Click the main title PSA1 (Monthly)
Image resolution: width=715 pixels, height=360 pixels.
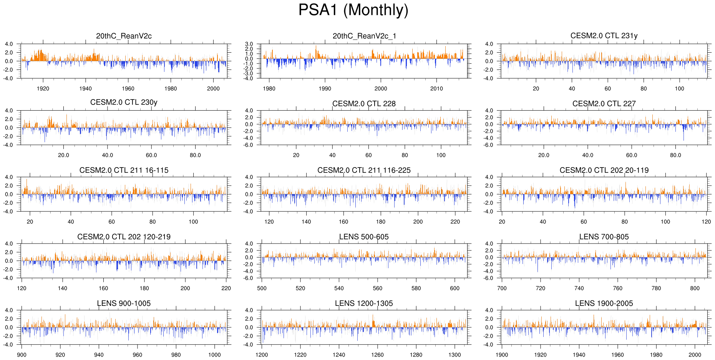353,10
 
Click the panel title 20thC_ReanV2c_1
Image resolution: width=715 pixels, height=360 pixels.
364,36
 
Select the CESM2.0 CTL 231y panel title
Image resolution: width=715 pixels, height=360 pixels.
604,36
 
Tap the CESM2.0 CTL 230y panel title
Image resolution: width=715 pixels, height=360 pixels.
124,102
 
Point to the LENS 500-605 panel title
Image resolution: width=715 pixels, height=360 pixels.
364,237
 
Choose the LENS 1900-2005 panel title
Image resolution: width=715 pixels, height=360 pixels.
604,303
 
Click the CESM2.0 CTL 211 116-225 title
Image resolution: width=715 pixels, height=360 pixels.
364,170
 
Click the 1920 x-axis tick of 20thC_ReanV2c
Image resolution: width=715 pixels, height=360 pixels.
43,88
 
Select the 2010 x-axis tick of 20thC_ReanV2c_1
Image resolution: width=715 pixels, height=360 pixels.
436,88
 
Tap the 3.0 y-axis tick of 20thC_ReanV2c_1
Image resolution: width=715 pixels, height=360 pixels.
249,44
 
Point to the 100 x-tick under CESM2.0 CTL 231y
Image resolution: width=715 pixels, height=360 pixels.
679,88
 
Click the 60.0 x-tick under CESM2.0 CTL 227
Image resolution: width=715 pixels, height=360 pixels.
632,155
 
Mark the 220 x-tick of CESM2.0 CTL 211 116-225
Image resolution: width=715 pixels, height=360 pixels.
455,222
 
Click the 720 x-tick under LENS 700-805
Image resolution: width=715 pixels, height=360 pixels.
541,288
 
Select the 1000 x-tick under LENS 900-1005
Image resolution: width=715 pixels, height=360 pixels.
214,355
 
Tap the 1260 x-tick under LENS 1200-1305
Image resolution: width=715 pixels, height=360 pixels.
377,355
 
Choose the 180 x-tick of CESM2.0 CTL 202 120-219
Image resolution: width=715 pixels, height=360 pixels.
144,288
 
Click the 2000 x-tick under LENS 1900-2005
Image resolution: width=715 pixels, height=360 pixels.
695,355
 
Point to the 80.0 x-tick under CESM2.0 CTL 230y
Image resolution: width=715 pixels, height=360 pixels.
195,155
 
